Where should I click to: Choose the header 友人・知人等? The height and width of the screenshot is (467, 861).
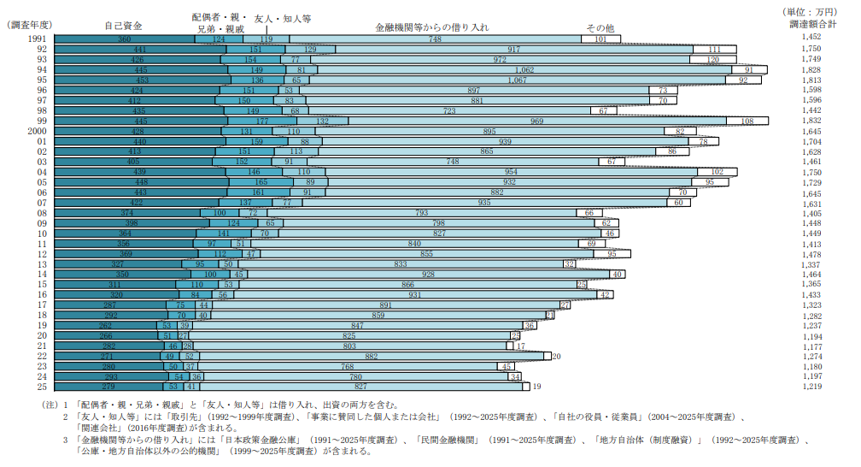283,17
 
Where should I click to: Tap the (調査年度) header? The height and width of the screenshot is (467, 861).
29,26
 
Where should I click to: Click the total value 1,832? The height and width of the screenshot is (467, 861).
811,121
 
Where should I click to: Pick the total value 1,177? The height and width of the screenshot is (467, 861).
811,346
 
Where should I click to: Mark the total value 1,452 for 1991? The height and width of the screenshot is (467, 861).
811,39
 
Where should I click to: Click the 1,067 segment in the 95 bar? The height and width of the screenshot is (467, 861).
518,80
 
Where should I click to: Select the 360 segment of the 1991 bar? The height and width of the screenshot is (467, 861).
125,39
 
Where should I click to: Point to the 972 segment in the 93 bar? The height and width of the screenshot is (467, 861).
500,60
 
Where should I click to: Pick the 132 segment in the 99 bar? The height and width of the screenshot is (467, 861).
322,121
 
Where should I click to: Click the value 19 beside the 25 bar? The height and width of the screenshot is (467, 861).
537,387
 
